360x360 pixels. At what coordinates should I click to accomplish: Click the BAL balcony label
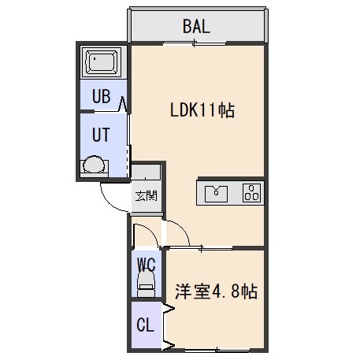196,26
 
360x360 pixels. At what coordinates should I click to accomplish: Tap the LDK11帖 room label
202,109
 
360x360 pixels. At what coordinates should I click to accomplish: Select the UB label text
101,96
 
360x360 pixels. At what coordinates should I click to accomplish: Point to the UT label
101,135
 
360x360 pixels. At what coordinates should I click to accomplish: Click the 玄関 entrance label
146,196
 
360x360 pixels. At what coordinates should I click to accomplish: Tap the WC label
147,265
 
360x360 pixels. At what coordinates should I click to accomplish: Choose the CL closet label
145,325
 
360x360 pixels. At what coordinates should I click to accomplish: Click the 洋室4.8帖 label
216,291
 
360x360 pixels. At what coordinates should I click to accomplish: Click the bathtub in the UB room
101,62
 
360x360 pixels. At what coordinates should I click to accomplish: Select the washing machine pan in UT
94,166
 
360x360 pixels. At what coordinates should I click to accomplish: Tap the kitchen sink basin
216,194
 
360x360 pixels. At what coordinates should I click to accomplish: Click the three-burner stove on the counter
251,193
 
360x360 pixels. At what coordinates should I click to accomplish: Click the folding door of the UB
123,104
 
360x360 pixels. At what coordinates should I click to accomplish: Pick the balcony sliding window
195,43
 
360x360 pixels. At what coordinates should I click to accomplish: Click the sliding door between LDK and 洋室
201,248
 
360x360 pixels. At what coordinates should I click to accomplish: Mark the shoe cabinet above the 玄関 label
146,172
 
